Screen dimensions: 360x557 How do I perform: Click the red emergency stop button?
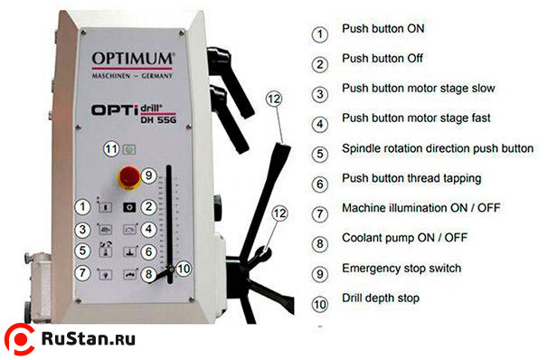point(126,175)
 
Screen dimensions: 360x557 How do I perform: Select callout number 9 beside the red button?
point(150,175)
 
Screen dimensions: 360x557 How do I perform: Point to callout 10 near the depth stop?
point(183,268)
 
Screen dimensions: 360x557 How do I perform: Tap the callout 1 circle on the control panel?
point(82,206)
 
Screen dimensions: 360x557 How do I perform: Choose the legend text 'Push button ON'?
point(382,29)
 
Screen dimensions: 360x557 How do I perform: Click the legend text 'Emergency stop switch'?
point(401,268)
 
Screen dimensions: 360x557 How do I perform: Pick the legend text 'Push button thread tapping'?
point(411,178)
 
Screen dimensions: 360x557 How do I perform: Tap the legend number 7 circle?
point(319,213)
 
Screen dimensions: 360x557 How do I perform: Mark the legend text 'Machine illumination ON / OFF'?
point(421,208)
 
